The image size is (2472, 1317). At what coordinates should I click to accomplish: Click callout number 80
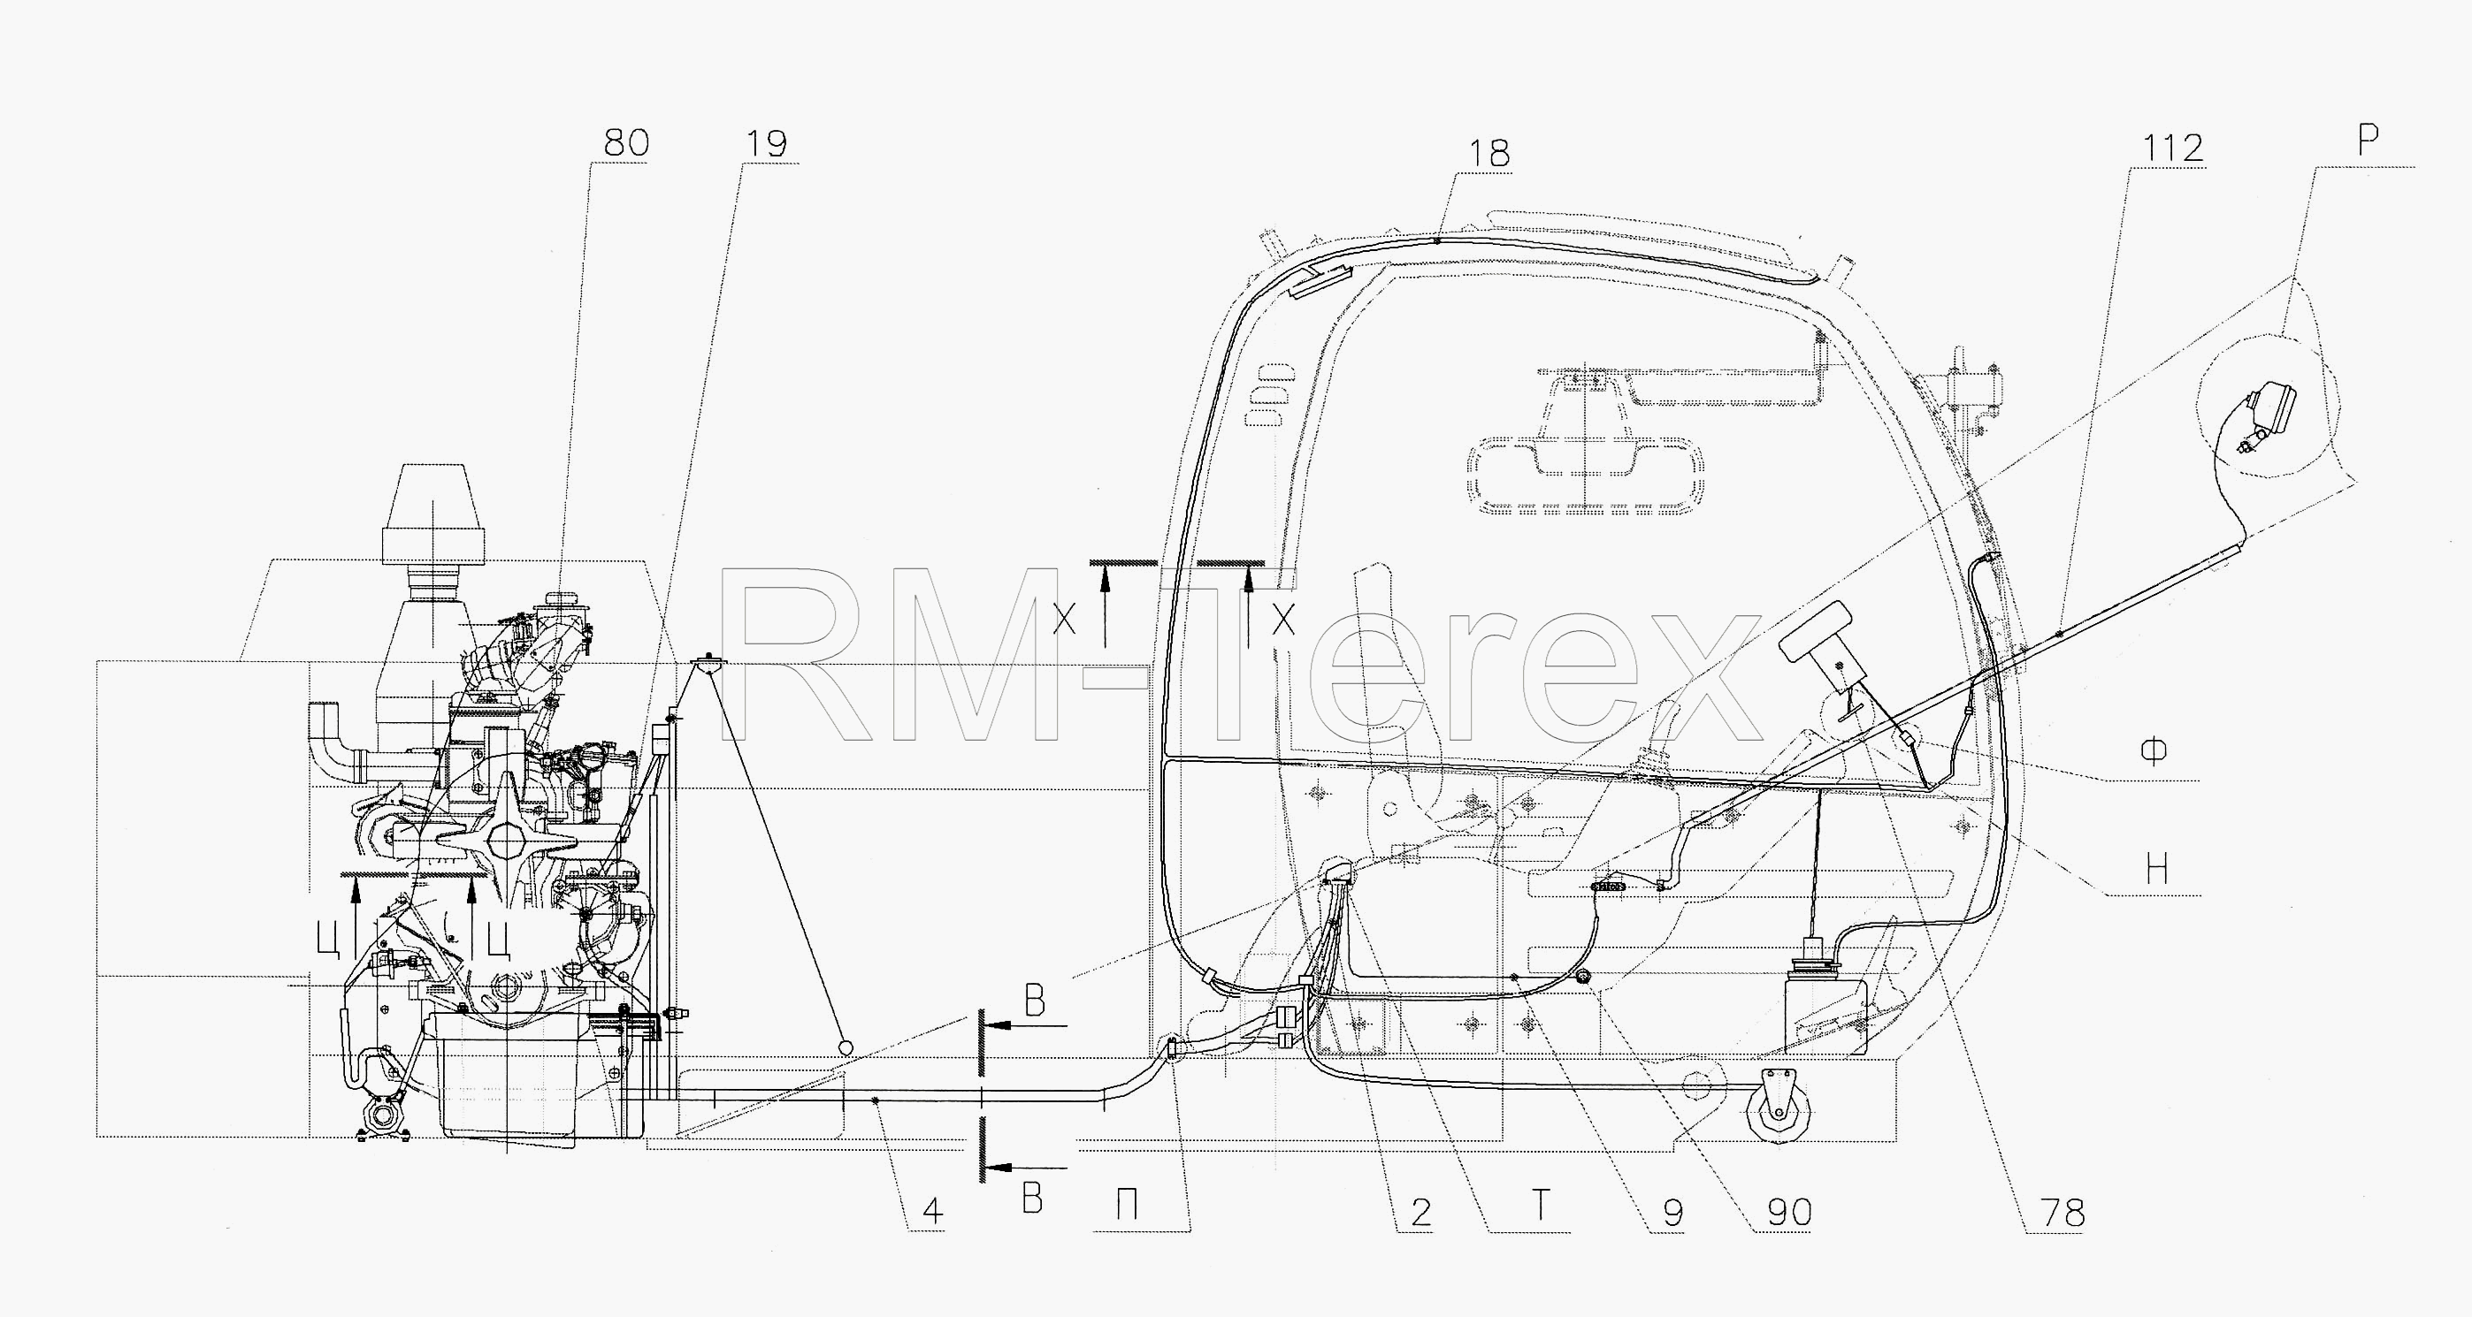625,143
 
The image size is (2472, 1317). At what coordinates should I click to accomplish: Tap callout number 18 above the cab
1489,154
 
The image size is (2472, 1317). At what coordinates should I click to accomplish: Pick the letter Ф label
2154,752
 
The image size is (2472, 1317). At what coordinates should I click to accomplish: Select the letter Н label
2156,869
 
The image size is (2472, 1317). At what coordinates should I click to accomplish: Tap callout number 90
1790,1214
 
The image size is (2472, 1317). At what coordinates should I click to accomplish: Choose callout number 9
1672,1214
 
